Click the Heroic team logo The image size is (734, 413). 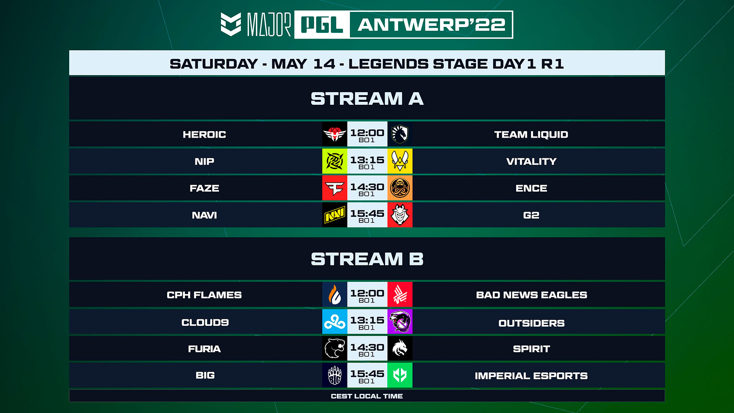pyautogui.click(x=335, y=134)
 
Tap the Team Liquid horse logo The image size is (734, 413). pyautogui.click(x=400, y=134)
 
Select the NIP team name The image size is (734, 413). pyautogui.click(x=204, y=161)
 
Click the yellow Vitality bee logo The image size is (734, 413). pyautogui.click(x=400, y=161)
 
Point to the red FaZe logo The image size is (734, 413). pyautogui.click(x=335, y=188)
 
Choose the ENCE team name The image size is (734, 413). pyautogui.click(x=531, y=188)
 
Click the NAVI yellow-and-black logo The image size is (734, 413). pyautogui.click(x=335, y=215)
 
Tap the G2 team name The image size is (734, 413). pyautogui.click(x=531, y=215)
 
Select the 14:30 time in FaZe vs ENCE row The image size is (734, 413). pyautogui.click(x=367, y=187)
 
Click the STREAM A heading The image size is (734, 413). pyautogui.click(x=367, y=99)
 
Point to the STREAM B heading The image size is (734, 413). pyautogui.click(x=367, y=259)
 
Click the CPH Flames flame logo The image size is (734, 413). pyautogui.click(x=335, y=294)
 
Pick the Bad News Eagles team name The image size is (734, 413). pyautogui.click(x=531, y=295)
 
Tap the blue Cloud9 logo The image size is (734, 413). pyautogui.click(x=335, y=322)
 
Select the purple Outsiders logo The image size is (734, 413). pyautogui.click(x=400, y=322)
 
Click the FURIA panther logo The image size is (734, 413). pyautogui.click(x=335, y=348)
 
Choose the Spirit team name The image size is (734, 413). pyautogui.click(x=531, y=349)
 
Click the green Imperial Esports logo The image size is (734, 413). pyautogui.click(x=400, y=375)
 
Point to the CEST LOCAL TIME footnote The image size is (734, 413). pyautogui.click(x=367, y=396)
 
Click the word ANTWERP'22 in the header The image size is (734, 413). pyautogui.click(x=432, y=25)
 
